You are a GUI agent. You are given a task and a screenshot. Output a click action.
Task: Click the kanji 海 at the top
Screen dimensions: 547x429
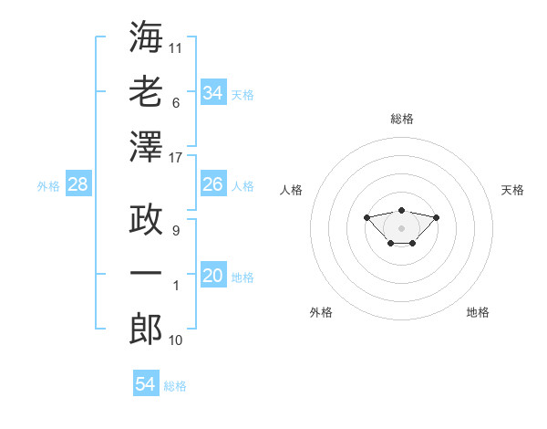[x=146, y=37]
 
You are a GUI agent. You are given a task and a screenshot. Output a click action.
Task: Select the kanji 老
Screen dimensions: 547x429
[x=146, y=91]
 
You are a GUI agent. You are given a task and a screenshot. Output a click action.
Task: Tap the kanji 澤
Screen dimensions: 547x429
[x=146, y=147]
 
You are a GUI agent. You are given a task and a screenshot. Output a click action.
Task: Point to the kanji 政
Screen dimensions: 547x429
[x=146, y=219]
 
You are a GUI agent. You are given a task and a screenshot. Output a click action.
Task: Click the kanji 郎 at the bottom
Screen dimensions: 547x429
[x=146, y=329]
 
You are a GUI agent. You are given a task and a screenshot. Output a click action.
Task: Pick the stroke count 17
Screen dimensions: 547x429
[x=175, y=158]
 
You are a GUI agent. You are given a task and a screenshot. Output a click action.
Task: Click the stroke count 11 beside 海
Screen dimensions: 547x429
[x=175, y=48]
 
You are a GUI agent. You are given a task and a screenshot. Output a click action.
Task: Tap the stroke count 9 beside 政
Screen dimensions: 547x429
[x=176, y=231]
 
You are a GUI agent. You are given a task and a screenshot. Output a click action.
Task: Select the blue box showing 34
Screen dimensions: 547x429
[x=213, y=92]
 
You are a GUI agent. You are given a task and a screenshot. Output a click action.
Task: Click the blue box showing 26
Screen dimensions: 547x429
[x=213, y=183]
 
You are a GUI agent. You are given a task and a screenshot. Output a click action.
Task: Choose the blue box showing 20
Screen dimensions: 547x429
[x=213, y=274]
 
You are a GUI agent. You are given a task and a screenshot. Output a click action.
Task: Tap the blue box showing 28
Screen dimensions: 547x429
[x=78, y=183]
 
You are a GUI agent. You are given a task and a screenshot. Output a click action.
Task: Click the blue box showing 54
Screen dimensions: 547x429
[x=146, y=382]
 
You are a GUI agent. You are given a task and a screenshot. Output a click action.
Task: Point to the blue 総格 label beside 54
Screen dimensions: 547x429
[x=175, y=386]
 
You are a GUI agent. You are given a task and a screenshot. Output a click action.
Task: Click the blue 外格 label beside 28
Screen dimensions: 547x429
[x=48, y=186]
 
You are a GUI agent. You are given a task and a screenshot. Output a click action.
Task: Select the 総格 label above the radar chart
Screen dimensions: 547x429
[x=402, y=119]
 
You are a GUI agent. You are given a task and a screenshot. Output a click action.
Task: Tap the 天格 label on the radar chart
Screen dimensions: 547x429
[x=512, y=190]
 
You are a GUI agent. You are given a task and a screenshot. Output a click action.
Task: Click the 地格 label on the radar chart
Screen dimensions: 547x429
[x=478, y=312]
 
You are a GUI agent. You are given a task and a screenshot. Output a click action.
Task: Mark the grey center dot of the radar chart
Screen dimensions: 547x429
[x=401, y=228]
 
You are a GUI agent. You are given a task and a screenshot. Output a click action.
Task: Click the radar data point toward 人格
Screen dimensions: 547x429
[x=366, y=217]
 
